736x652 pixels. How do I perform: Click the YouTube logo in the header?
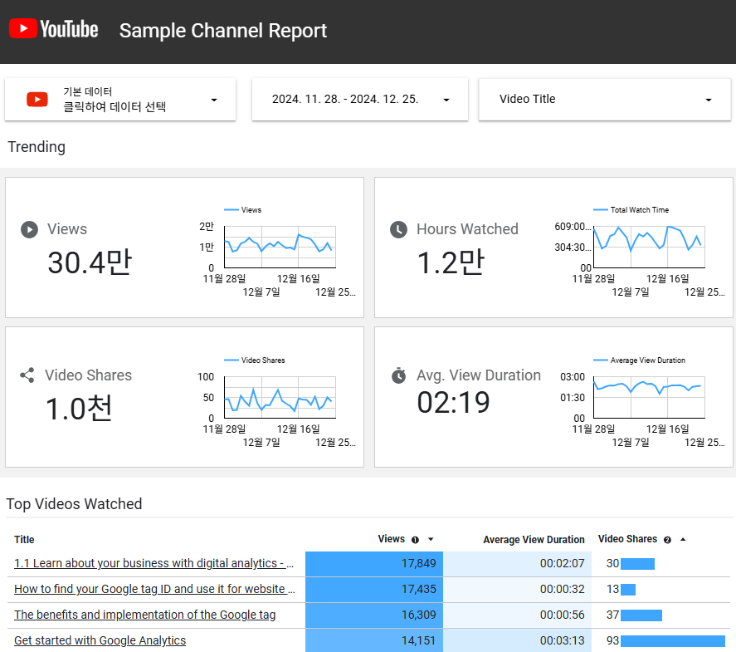pos(53,28)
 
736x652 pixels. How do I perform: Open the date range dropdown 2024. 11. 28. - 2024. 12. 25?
pos(360,99)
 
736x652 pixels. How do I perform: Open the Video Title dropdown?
pos(605,99)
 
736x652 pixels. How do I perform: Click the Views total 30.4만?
pos(90,262)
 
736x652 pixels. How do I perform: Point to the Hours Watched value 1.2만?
pos(451,262)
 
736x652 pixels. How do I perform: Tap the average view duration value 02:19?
pos(453,403)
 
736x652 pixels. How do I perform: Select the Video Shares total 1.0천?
pos(79,408)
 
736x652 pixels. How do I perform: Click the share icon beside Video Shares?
pos(27,375)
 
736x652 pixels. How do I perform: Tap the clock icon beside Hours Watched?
pos(398,229)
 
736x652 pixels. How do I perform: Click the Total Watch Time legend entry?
pos(631,210)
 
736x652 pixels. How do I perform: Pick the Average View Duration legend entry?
pos(639,360)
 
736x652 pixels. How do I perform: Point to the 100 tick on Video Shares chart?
pos(206,377)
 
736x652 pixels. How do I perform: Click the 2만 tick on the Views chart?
pos(207,227)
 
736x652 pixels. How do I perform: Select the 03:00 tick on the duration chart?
pos(573,377)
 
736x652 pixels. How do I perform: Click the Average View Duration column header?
pos(534,540)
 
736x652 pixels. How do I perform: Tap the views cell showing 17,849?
pos(374,564)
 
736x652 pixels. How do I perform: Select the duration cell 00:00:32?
pos(517,589)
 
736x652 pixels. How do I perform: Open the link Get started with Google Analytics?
pos(100,640)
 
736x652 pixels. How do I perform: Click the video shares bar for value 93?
pos(673,640)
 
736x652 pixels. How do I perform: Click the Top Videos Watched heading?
pos(74,504)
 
